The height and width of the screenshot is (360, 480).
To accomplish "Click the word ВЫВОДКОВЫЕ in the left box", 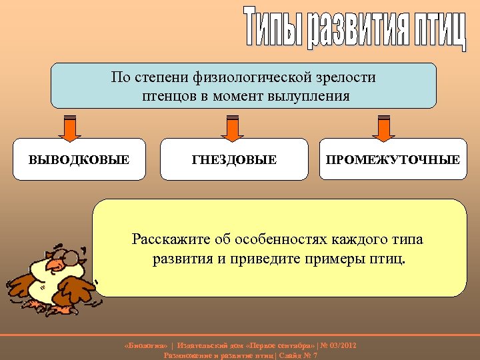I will click(79, 160).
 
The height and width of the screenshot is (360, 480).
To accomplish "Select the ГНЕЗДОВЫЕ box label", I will click(234, 160).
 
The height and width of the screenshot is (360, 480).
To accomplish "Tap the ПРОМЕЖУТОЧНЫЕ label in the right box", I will click(392, 160).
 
